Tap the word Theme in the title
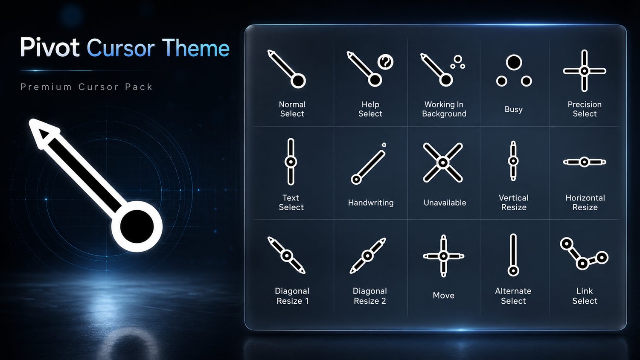coord(196,48)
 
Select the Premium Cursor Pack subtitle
coord(87,87)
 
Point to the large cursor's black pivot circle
coord(137,226)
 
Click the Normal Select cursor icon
coord(286,69)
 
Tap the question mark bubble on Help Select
coord(385,61)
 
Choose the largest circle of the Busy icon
coord(514,63)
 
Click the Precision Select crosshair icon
coord(585,71)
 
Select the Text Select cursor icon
coord(291,162)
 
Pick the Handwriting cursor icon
coord(369,164)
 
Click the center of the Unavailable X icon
coord(443,163)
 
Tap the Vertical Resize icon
coord(513,161)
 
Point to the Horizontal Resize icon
coord(585,162)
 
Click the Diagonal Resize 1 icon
coord(287,255)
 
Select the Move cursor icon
coord(443,256)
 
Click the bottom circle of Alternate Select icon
coord(513,270)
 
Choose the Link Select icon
coord(584,254)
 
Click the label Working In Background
coord(444,109)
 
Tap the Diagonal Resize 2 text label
coord(370,296)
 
